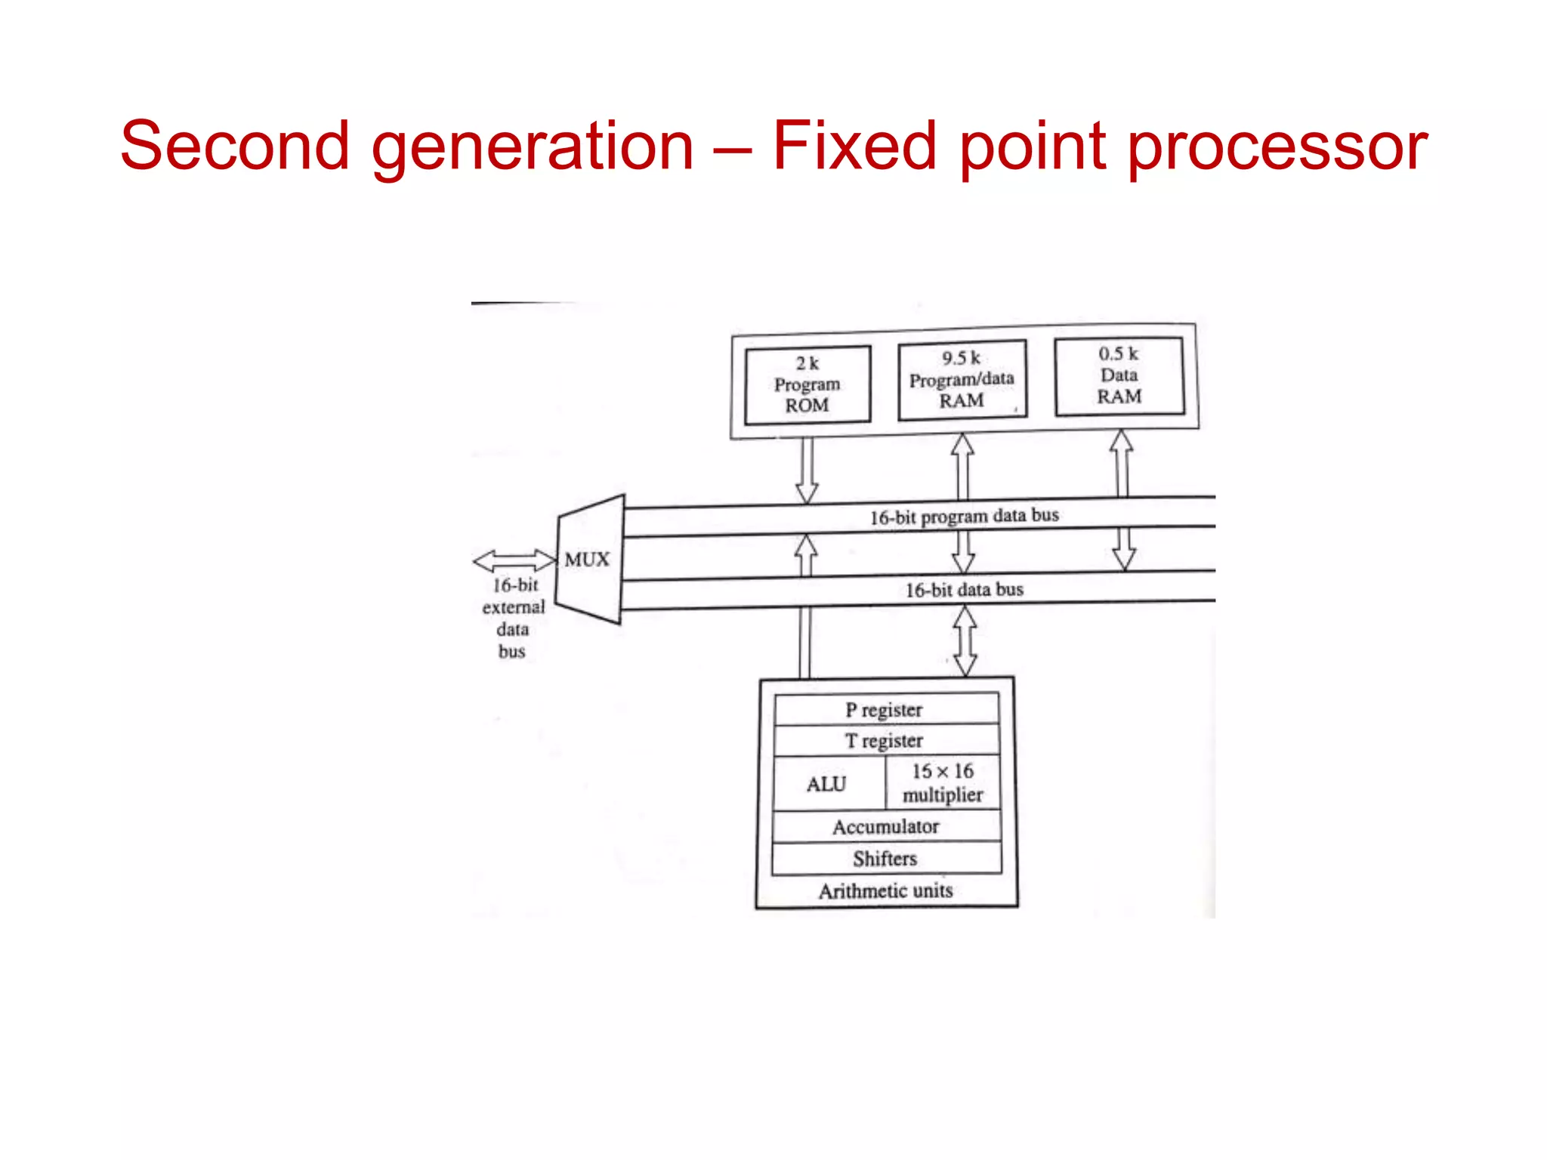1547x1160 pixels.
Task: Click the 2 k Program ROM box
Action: [x=807, y=384]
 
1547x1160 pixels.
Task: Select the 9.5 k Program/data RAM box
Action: [x=962, y=379]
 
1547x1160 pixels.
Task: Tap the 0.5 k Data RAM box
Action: [x=1119, y=375]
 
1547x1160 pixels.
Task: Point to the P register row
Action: [x=885, y=710]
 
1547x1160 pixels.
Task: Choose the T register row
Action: [x=885, y=741]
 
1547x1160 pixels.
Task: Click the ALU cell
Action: [x=827, y=784]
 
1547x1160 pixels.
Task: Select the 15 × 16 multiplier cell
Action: [x=943, y=783]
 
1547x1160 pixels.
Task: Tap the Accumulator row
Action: [x=885, y=827]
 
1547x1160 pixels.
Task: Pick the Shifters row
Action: [x=885, y=859]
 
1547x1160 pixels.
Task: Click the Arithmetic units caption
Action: [x=885, y=891]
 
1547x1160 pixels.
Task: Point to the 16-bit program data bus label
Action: [x=964, y=517]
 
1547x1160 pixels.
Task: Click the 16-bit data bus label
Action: [x=964, y=590]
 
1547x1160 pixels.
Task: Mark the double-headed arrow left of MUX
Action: [x=514, y=560]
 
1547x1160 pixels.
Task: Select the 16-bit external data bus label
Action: [x=513, y=618]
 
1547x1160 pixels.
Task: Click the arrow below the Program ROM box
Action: [x=807, y=470]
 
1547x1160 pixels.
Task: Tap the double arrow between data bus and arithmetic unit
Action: [x=965, y=641]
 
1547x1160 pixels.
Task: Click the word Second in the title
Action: [x=235, y=146]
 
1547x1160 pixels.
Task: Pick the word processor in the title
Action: [x=1277, y=147]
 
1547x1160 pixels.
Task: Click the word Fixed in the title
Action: [x=854, y=146]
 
